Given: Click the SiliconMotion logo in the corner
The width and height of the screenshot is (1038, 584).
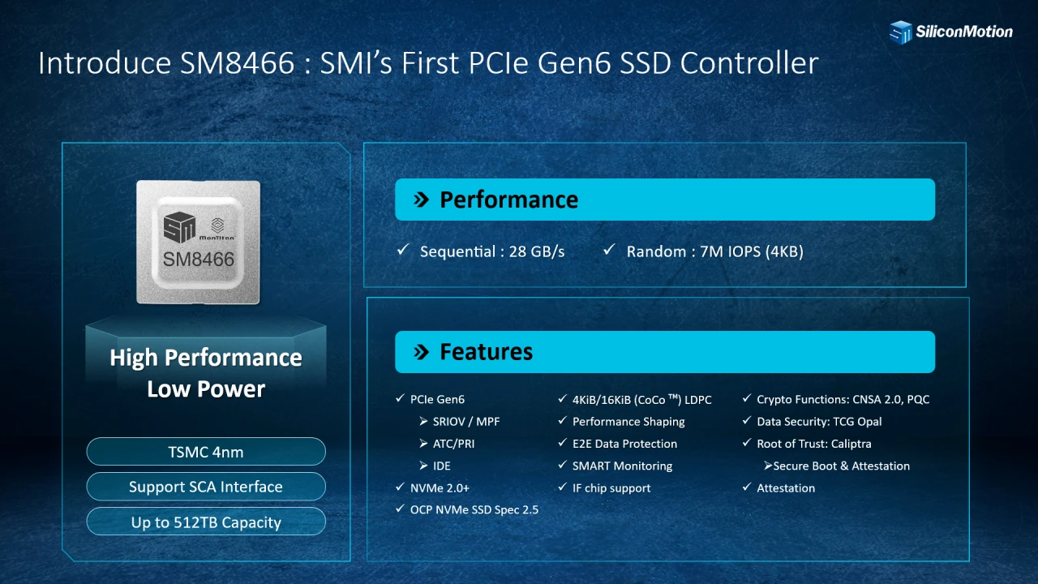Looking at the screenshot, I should (x=950, y=32).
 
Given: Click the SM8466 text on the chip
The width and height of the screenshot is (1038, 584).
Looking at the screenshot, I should (x=199, y=260).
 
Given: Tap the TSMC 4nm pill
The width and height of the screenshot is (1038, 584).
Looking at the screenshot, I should (x=206, y=452).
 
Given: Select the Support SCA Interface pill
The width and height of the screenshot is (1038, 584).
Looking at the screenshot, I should (x=206, y=487).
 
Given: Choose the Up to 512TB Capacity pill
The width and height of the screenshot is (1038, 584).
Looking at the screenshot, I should (x=206, y=522).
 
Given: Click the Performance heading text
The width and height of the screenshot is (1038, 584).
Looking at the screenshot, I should (x=508, y=200).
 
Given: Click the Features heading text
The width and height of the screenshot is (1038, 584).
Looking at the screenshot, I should (x=486, y=352).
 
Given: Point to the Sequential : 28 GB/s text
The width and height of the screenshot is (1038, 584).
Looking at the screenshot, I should (x=491, y=251).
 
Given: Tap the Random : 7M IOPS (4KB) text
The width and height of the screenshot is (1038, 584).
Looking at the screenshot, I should (x=714, y=251).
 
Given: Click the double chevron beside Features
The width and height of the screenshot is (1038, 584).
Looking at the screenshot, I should (x=421, y=352).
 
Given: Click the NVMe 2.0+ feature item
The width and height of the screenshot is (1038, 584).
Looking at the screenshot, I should (x=440, y=488).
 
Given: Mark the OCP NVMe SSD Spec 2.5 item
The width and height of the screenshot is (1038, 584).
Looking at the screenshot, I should (x=474, y=510).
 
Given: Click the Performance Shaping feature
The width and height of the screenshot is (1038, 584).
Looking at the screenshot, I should (x=628, y=422).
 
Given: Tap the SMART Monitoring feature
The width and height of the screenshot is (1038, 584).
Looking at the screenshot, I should (x=622, y=466).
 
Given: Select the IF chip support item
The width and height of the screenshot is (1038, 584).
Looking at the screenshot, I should (x=611, y=488).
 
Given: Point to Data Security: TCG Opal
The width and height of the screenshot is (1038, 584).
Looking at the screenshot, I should (x=819, y=422).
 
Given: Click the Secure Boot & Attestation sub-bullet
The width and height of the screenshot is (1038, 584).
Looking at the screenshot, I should (x=841, y=466).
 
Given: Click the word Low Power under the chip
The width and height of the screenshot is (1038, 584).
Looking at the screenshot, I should (x=206, y=389).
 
